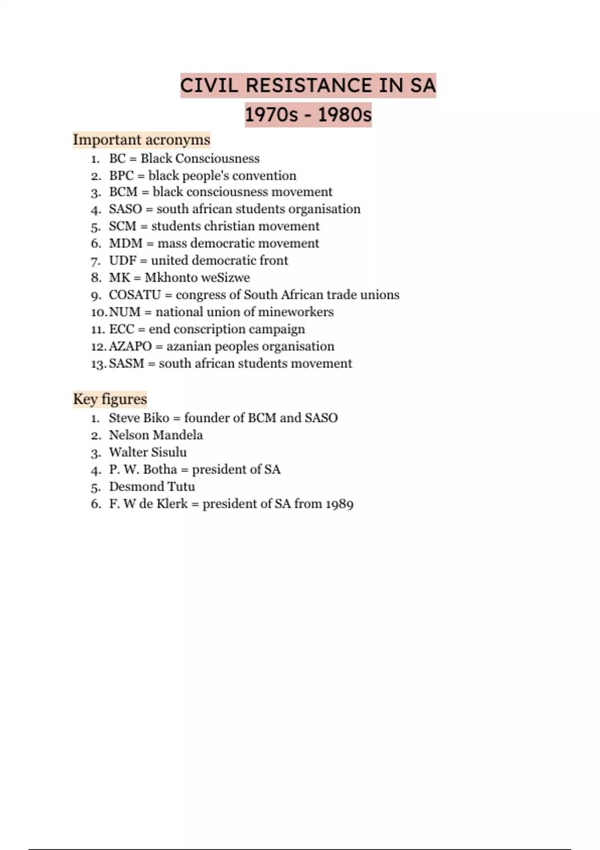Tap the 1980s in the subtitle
tap(344, 115)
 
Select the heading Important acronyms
tap(141, 139)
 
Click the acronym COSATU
tap(134, 295)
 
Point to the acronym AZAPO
tap(130, 346)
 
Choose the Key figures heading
tap(110, 399)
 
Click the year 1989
tap(339, 504)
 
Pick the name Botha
tap(160, 469)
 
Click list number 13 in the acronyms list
tap(98, 364)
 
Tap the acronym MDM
tap(125, 243)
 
